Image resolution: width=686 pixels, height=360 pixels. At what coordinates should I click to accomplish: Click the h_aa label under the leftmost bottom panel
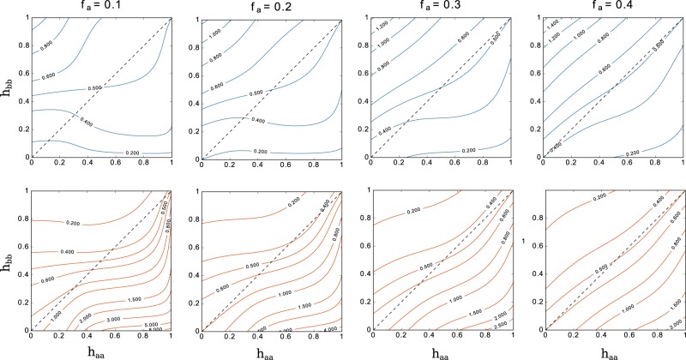pos(101,350)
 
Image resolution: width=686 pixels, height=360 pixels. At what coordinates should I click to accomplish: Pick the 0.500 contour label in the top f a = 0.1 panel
pos(101,87)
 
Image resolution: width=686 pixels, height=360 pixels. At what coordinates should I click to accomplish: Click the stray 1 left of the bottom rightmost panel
pos(523,241)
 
